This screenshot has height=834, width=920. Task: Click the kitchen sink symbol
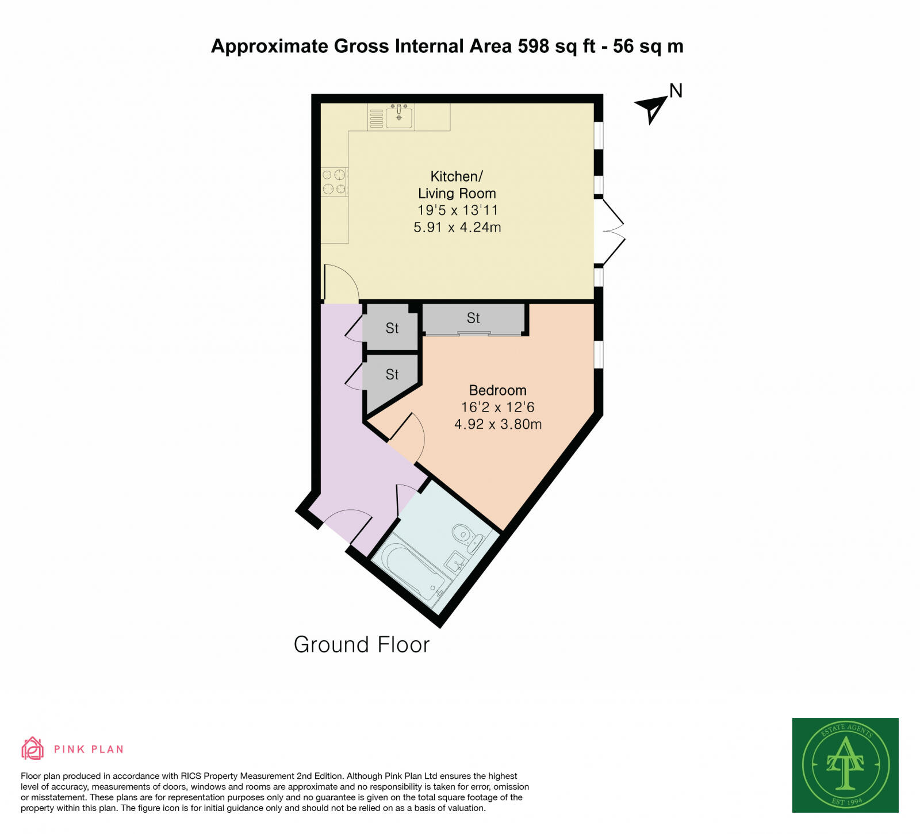tap(398, 117)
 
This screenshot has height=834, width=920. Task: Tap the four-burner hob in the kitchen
tap(334, 181)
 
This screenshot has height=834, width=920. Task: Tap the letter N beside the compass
tap(676, 91)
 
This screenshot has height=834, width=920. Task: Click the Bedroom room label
tap(497, 390)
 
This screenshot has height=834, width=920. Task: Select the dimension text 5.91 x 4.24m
tap(457, 227)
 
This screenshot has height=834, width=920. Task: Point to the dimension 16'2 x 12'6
tap(497, 407)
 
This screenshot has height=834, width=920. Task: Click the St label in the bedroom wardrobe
tap(473, 318)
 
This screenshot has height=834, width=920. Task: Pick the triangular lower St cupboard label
tap(392, 375)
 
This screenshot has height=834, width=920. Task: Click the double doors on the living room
tap(611, 232)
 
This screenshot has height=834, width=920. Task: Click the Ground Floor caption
tap(361, 644)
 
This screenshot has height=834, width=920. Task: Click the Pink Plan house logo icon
tap(32, 748)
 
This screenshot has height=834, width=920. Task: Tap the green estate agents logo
tap(845, 764)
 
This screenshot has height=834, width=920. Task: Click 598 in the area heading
tap(534, 46)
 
